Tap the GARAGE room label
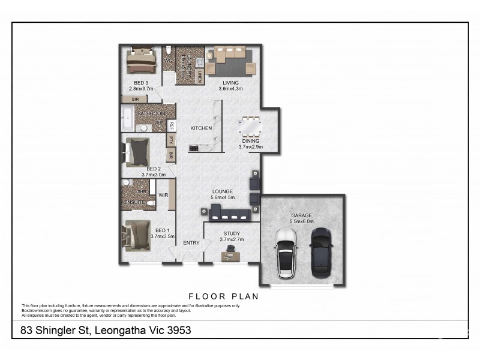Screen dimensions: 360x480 301,215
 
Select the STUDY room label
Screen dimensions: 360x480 232,233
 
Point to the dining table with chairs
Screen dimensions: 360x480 250,128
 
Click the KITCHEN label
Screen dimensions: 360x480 200,128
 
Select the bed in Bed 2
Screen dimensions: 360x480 142,151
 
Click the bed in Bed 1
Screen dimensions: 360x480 137,235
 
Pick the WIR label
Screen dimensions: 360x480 163,195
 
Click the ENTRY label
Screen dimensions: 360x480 191,243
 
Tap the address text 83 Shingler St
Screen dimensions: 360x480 106,330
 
